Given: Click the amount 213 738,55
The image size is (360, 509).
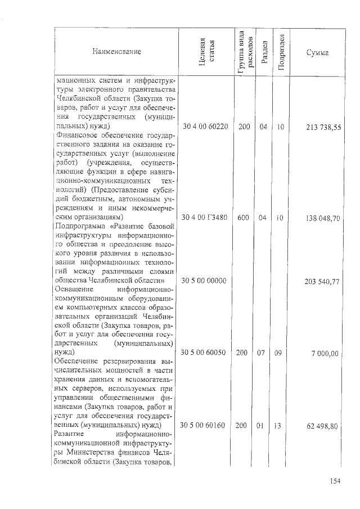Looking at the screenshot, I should pyautogui.click(x=323, y=128).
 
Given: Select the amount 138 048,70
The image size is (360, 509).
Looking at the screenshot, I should pyautogui.click(x=323, y=217).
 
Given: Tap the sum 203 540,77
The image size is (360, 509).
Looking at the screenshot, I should pyautogui.click(x=323, y=281).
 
